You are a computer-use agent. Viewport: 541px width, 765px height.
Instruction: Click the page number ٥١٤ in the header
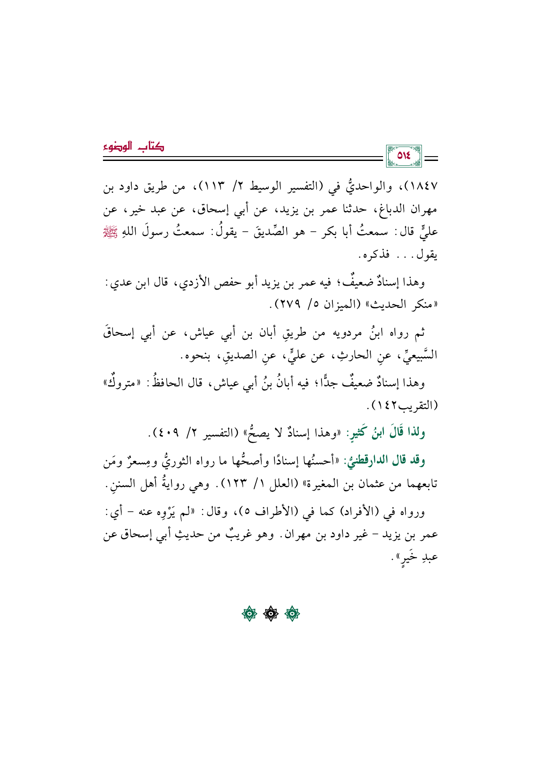pyautogui.click(x=404, y=156)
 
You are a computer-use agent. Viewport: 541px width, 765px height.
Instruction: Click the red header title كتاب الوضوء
pyautogui.click(x=134, y=147)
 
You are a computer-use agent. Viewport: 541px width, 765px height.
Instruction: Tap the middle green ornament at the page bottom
pyautogui.click(x=270, y=614)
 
